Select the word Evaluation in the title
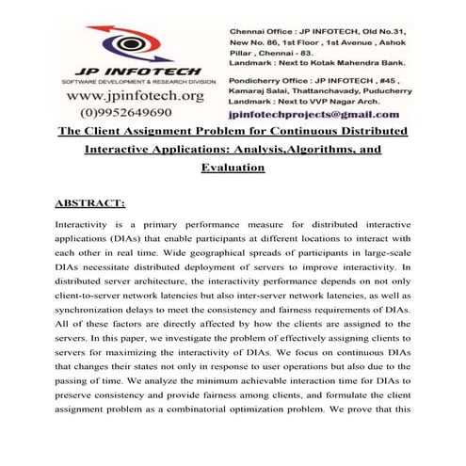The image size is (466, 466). point(233,167)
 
